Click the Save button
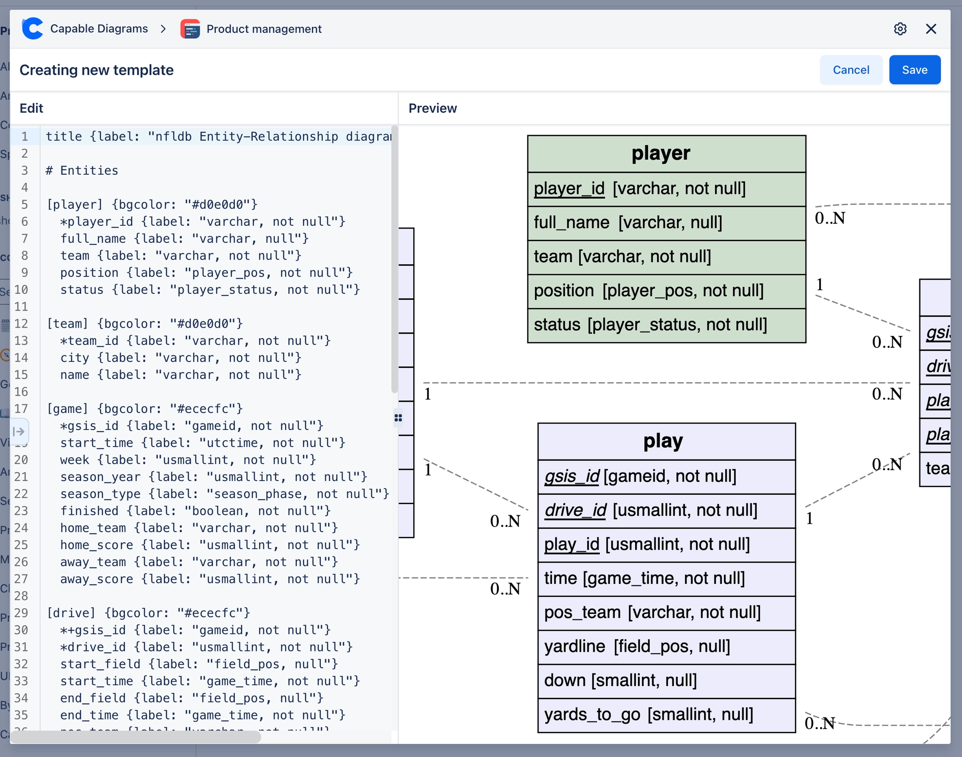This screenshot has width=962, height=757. pyautogui.click(x=914, y=70)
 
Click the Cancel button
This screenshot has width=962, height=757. pyautogui.click(x=850, y=70)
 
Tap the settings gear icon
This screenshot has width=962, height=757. pyautogui.click(x=900, y=29)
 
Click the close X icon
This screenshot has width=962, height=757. pyautogui.click(x=931, y=29)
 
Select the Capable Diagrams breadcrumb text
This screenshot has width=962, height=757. pyautogui.click(x=99, y=29)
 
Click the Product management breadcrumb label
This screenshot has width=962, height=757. pyautogui.click(x=264, y=29)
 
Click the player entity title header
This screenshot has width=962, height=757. pyautogui.click(x=666, y=154)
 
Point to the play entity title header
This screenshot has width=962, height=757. pyautogui.click(x=666, y=442)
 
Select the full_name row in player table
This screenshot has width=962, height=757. pyautogui.click(x=666, y=223)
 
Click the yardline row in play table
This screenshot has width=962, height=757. pyautogui.click(x=666, y=647)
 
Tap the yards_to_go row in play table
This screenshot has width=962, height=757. pyautogui.click(x=666, y=715)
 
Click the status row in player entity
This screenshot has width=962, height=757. pyautogui.click(x=666, y=325)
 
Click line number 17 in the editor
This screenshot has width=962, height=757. pyautogui.click(x=21, y=409)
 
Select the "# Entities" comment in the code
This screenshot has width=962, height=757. pyautogui.click(x=82, y=170)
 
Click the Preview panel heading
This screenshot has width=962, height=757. pyautogui.click(x=432, y=108)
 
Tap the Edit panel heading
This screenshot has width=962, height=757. pyautogui.click(x=31, y=108)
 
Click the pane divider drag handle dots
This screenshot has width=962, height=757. pyautogui.click(x=398, y=418)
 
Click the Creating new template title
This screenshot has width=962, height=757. pyautogui.click(x=96, y=70)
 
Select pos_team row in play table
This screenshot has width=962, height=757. pyautogui.click(x=666, y=613)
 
